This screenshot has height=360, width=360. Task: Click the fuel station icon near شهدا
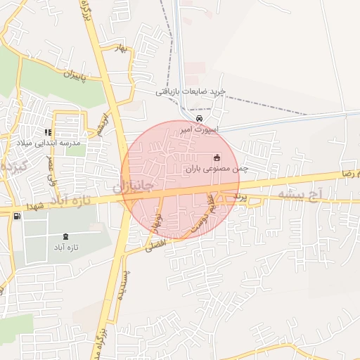17,216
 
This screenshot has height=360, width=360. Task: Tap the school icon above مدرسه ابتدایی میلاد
49,132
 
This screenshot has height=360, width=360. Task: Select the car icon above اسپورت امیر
199,119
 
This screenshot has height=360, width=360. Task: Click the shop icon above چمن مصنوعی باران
216,157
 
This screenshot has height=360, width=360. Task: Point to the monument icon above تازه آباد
66,236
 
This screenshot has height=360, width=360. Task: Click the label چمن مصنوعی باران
218,169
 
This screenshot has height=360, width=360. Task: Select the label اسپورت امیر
200,130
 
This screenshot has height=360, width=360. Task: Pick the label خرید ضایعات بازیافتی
191,92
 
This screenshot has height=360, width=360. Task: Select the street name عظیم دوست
200,217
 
